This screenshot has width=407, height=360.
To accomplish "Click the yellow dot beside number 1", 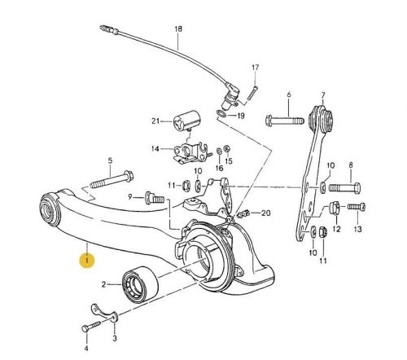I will pyautogui.click(x=85, y=261).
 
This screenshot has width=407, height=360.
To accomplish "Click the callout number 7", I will pyautogui.click(x=323, y=95).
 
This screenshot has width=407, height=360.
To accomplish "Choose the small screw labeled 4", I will pyautogui.click(x=88, y=326).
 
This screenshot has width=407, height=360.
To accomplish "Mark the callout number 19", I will pyautogui.click(x=241, y=116).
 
